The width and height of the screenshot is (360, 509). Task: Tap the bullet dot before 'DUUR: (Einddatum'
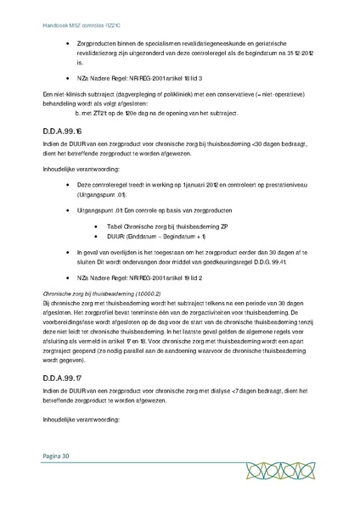pyautogui.click(x=98, y=238)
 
